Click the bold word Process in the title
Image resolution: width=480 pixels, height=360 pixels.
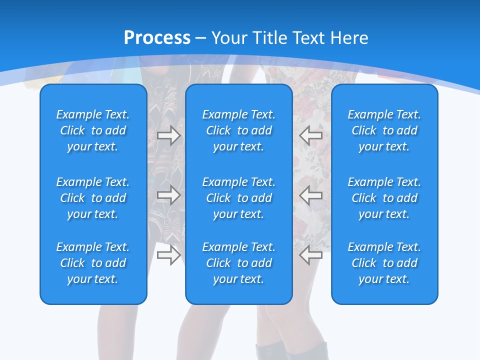pos(157,38)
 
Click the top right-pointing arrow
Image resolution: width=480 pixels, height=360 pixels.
pos(168,135)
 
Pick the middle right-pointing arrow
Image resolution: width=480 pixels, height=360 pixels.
pos(168,195)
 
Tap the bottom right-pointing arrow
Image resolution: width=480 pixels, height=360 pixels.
pos(168,255)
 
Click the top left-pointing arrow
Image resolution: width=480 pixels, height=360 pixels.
pos(310,135)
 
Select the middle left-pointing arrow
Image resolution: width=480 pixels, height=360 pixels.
pos(310,195)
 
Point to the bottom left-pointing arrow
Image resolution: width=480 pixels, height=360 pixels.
pos(310,255)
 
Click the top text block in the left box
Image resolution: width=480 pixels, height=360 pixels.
pos(93,130)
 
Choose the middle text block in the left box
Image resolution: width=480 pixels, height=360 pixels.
pos(93,198)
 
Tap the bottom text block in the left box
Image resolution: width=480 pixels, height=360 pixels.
pos(93,263)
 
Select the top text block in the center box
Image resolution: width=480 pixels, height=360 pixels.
pos(238,130)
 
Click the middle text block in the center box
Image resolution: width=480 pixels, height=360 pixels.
pos(238,198)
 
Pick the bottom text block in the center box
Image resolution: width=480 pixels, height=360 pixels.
pos(238,263)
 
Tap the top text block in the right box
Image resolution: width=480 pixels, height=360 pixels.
pos(384,130)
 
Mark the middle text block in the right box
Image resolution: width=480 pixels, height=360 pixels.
pos(384,198)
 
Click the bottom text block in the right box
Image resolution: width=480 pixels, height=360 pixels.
pos(384,263)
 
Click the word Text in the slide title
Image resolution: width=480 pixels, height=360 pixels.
pos(307,38)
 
